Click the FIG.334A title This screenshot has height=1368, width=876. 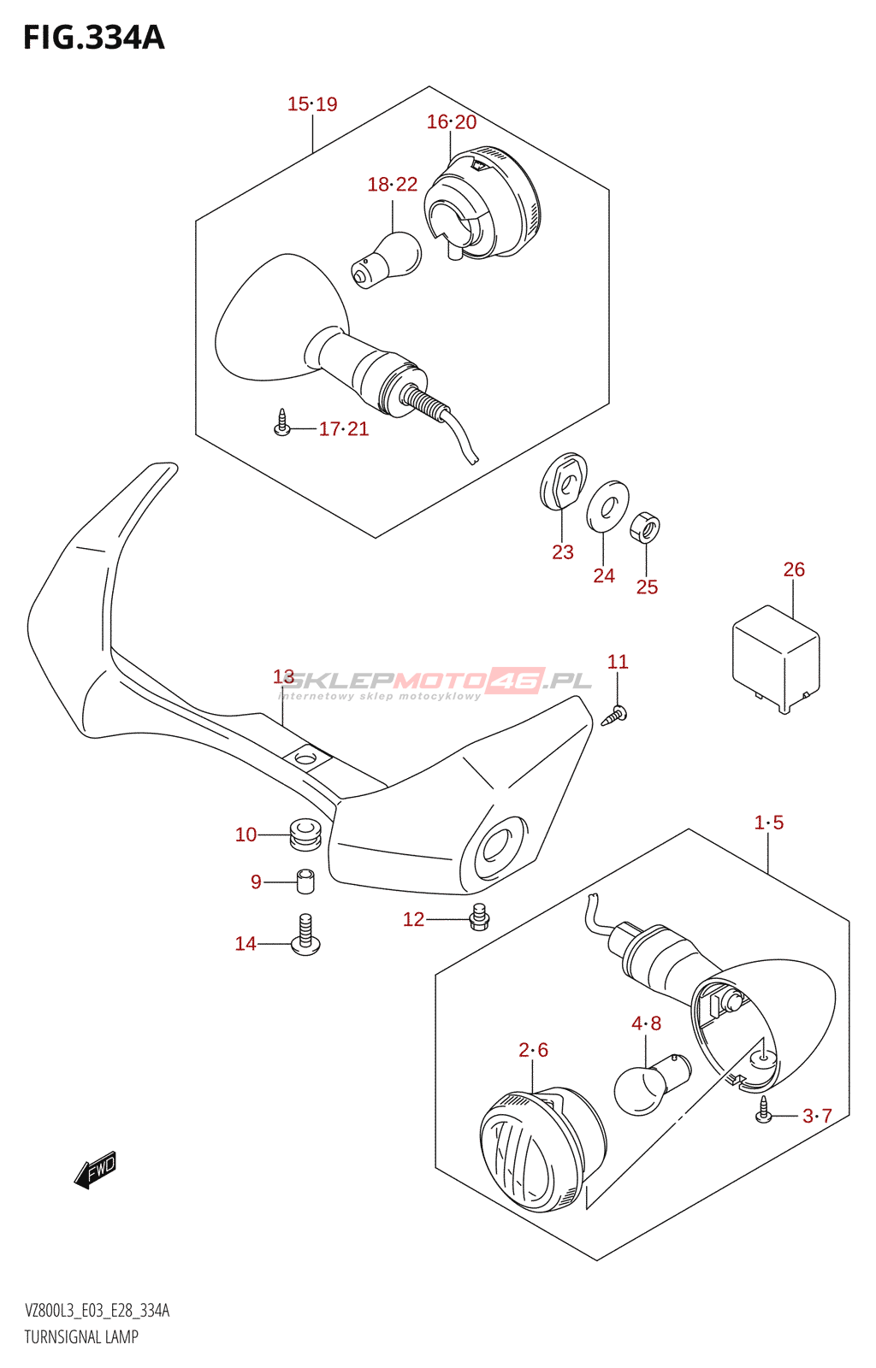pos(93,38)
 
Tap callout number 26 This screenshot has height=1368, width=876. pos(794,569)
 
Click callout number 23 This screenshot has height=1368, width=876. pos(563,552)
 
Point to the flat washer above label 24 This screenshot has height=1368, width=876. pos(607,505)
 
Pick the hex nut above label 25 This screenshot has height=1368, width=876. pos(646,528)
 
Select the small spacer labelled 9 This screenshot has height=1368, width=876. pos(305,881)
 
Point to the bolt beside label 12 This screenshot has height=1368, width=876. pos(479,917)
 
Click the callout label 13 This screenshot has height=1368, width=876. pos(283,677)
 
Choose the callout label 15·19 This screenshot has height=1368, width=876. pos(312,104)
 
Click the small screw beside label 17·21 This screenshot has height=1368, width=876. pos(282,422)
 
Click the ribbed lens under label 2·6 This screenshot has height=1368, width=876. pos(542,1150)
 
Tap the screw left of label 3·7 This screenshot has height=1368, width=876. pos(764,1111)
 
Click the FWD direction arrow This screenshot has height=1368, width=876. pos(95,1169)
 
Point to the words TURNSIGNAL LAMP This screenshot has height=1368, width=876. pos(81,1337)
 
